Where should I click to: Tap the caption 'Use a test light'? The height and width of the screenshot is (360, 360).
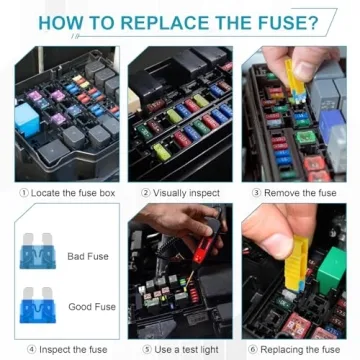click(x=186, y=349)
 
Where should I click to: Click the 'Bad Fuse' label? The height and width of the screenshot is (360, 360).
click(x=88, y=257)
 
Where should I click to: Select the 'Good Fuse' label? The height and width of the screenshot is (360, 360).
click(x=91, y=307)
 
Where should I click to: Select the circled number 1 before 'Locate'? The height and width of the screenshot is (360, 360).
click(x=24, y=191)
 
